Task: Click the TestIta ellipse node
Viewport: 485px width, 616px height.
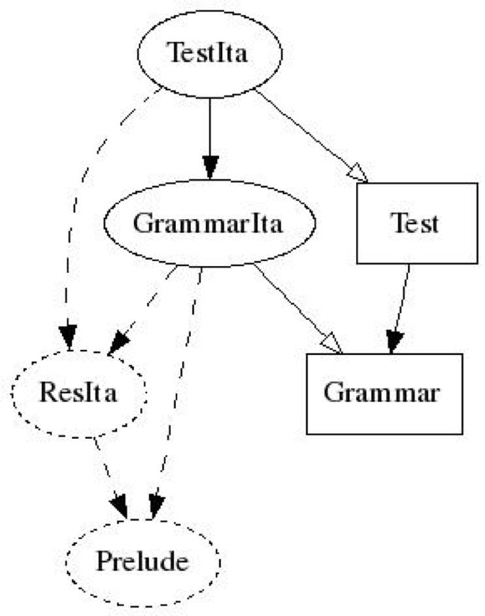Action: tap(210, 54)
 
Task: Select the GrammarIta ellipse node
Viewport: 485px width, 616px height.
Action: tap(210, 223)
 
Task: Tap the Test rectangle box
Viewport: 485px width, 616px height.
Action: tap(417, 223)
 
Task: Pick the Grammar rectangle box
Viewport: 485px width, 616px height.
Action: tap(384, 394)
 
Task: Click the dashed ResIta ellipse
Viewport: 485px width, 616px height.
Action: tap(78, 393)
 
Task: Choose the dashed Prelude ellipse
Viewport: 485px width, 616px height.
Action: tap(142, 562)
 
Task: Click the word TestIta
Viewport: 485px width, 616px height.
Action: tap(208, 53)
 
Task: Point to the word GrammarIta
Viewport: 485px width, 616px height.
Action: tap(208, 223)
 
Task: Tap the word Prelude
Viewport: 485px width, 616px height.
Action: tap(142, 561)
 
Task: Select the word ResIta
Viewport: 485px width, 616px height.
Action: tap(78, 392)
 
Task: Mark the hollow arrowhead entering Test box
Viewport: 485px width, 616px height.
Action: tap(358, 173)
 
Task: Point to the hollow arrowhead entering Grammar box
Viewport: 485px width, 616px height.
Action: tap(332, 343)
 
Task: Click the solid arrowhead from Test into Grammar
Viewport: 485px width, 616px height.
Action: tap(394, 342)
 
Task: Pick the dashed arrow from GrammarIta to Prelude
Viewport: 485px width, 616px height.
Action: tap(178, 393)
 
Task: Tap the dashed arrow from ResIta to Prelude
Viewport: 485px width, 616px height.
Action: tap(110, 477)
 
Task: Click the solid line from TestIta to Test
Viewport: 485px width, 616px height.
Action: tap(311, 136)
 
